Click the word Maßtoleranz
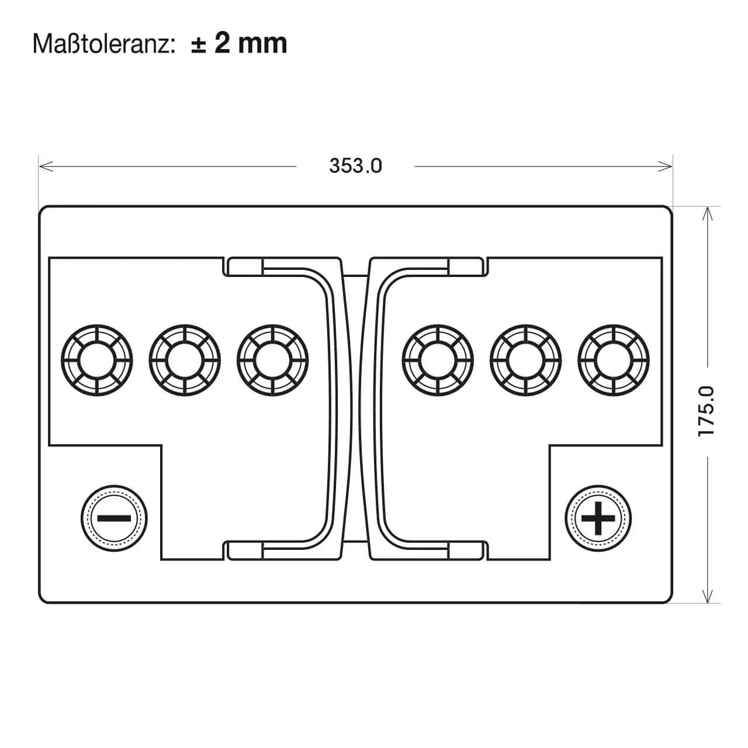(x=102, y=44)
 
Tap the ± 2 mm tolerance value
(x=239, y=43)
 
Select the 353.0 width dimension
(x=355, y=166)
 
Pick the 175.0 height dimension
(x=706, y=411)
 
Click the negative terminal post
(x=114, y=518)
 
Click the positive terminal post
(x=598, y=518)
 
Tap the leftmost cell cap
(x=97, y=360)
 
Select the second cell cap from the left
(x=185, y=360)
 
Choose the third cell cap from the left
(x=272, y=360)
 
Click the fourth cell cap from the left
(x=438, y=360)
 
